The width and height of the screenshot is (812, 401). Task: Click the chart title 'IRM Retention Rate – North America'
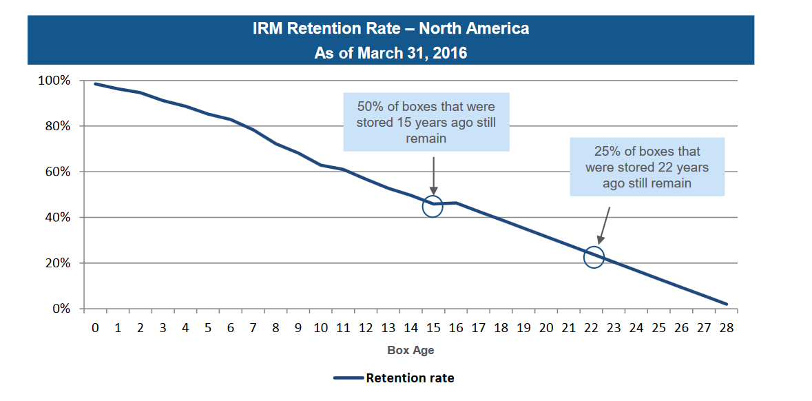pos(391,29)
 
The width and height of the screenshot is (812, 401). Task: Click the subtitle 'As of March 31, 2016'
pos(391,53)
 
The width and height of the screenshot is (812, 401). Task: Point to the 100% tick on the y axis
pos(54,81)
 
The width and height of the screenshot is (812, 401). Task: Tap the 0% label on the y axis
pos(60,309)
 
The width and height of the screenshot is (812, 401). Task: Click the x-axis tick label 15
pos(433,329)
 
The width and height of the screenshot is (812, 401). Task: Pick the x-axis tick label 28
pos(726,329)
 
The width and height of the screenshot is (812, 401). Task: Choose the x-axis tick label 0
pos(95,329)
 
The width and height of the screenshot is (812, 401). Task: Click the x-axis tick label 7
pos(253,329)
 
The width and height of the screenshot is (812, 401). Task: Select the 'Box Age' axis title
pos(410,350)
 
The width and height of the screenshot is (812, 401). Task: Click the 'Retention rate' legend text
pos(410,378)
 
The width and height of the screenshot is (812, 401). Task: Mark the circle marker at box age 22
pos(593,258)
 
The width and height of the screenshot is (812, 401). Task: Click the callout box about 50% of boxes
pos(426,122)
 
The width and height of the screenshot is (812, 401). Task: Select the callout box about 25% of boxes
pos(647,167)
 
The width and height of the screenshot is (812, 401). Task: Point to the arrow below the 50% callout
pos(433,176)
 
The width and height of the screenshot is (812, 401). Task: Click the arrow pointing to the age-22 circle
pos(603,224)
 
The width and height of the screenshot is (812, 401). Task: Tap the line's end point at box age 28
pos(726,304)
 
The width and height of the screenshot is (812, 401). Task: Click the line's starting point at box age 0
pos(95,84)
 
